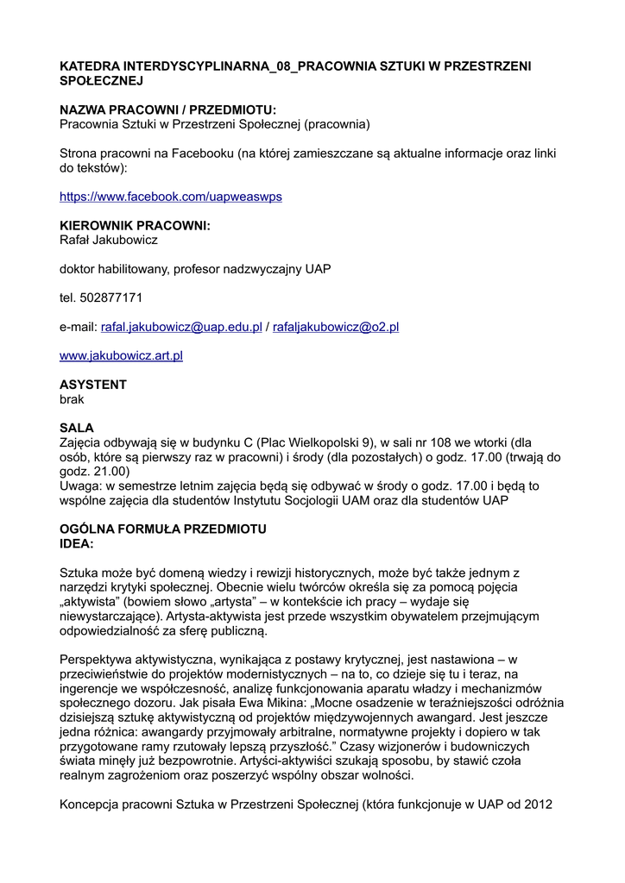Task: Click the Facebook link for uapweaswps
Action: point(170,197)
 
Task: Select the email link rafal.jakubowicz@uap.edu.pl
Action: point(181,327)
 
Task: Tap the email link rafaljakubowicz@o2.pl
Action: point(335,327)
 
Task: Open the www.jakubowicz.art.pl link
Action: point(121,355)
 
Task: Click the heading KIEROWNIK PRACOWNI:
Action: point(135,226)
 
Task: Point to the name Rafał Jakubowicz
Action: point(108,240)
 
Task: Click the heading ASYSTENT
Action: point(92,385)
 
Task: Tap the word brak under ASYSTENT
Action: point(73,399)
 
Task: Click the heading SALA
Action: point(76,428)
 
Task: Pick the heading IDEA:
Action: point(76,543)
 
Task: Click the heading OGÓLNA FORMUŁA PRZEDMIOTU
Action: point(162,529)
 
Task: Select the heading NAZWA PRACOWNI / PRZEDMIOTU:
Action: point(167,110)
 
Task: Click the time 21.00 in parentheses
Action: point(110,472)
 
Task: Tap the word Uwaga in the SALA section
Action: point(79,485)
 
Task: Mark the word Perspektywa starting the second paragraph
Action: point(98,659)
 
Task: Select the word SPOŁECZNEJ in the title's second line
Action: point(100,80)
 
